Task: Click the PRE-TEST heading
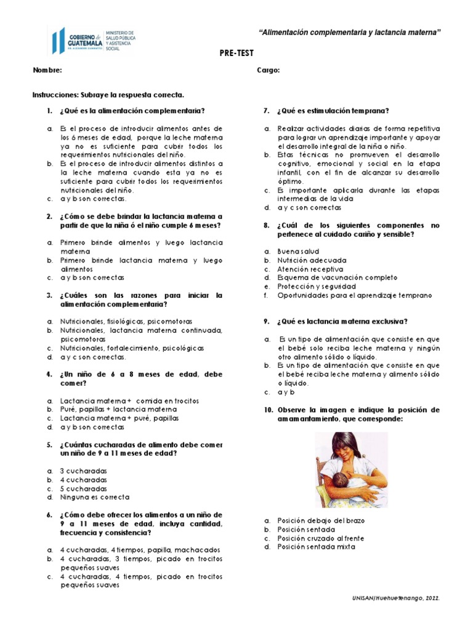tap(236, 54)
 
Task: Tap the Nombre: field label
tap(47, 70)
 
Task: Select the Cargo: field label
tap(268, 70)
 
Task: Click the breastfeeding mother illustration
tap(351, 471)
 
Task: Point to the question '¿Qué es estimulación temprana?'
tap(333, 111)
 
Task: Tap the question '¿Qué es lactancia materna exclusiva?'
tap(342, 321)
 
